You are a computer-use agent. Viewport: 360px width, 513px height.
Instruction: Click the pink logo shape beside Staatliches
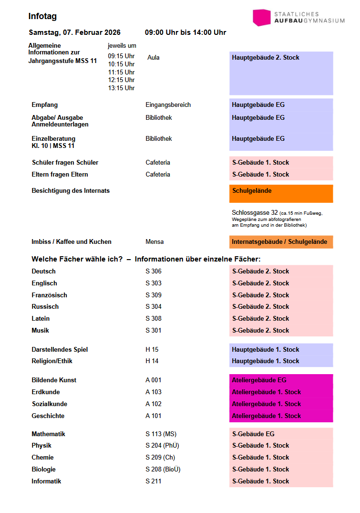coord(262,18)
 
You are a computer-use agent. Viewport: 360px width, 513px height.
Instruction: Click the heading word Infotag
coord(42,16)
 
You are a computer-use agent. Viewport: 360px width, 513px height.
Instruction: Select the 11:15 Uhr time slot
coord(121,72)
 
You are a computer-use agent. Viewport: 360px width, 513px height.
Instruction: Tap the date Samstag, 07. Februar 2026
coord(74,32)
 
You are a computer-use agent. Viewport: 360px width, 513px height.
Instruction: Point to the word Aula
coord(154,57)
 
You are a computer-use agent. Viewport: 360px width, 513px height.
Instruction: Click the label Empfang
coord(44,105)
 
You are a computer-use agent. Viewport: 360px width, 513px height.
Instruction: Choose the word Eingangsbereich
coord(168,105)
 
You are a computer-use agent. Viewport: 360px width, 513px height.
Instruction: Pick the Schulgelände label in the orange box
coord(252,190)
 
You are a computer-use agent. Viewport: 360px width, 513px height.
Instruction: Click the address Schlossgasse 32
coord(255,213)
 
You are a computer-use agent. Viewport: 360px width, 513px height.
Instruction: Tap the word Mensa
coord(154,241)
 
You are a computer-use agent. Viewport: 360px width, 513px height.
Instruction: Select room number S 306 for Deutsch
coord(154,271)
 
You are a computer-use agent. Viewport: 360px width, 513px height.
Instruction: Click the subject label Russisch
coord(45,306)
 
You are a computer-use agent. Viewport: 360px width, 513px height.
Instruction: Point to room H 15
coord(152,349)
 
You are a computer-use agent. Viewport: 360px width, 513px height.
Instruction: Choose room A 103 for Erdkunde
coord(154,392)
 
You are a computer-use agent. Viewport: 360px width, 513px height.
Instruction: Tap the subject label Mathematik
coord(48,434)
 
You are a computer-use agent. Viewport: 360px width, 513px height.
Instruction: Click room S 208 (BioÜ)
coord(163,469)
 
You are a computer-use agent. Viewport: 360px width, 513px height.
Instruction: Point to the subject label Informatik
coord(46,481)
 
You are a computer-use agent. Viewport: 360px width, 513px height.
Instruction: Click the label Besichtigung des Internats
coord(71,190)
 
